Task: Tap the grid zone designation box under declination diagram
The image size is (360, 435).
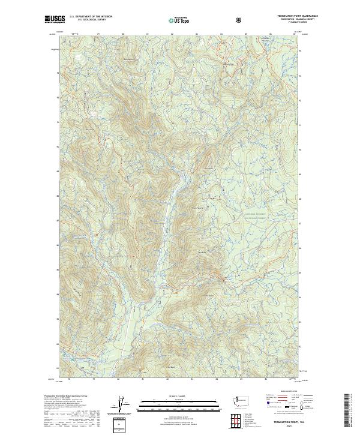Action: tap(121, 423)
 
